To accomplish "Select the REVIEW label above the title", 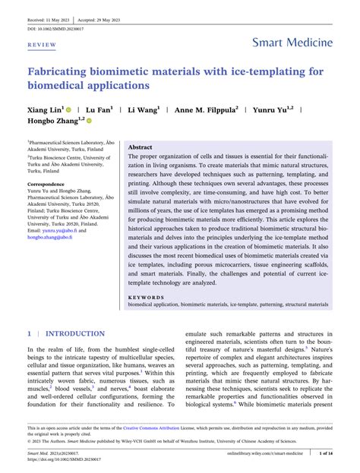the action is click(42, 45).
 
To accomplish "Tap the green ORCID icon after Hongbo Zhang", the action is click(89, 121).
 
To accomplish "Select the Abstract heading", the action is click(141, 147).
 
